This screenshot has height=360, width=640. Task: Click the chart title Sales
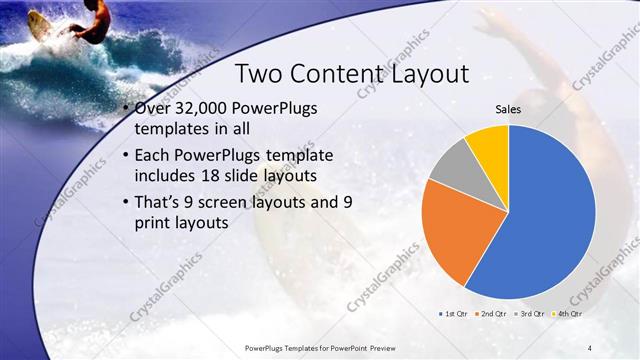tap(508, 109)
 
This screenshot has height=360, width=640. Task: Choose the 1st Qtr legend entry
tap(455, 313)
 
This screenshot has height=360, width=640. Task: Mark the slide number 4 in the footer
tap(589, 347)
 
